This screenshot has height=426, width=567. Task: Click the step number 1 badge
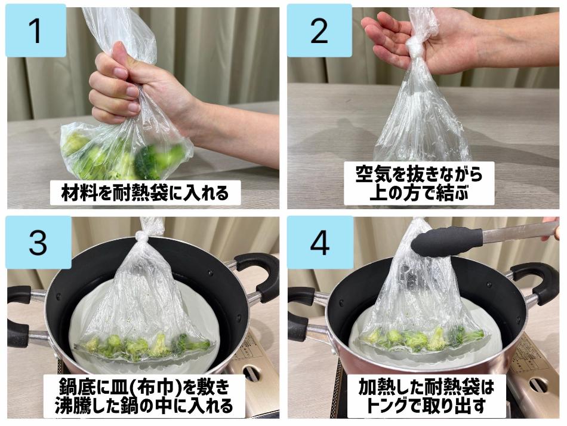(36, 30)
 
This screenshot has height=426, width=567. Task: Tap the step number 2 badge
(320, 30)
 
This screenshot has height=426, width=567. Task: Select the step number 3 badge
(38, 242)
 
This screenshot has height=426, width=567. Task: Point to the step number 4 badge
(320, 242)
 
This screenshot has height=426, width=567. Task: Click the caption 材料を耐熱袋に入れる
(145, 192)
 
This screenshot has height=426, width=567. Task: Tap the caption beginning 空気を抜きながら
(419, 183)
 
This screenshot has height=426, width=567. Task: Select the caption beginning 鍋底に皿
(144, 396)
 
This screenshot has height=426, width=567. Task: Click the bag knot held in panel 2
(414, 47)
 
